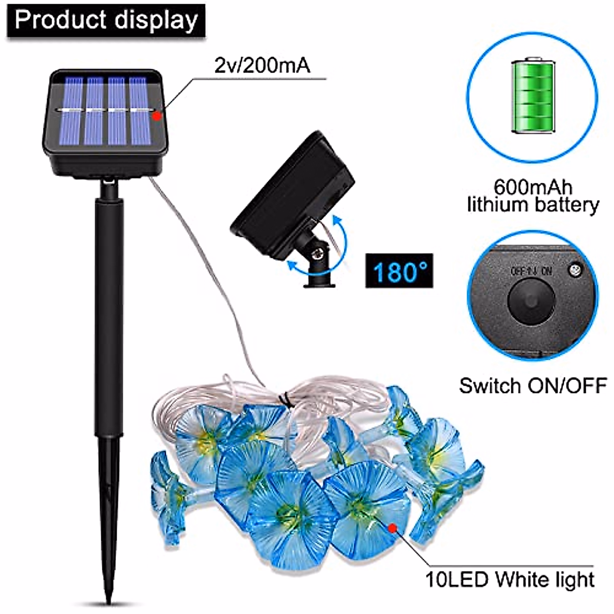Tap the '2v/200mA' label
262,67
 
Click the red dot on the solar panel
157,116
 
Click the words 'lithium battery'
533,205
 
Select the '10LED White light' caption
510,579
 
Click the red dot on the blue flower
393,528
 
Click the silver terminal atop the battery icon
533,59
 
